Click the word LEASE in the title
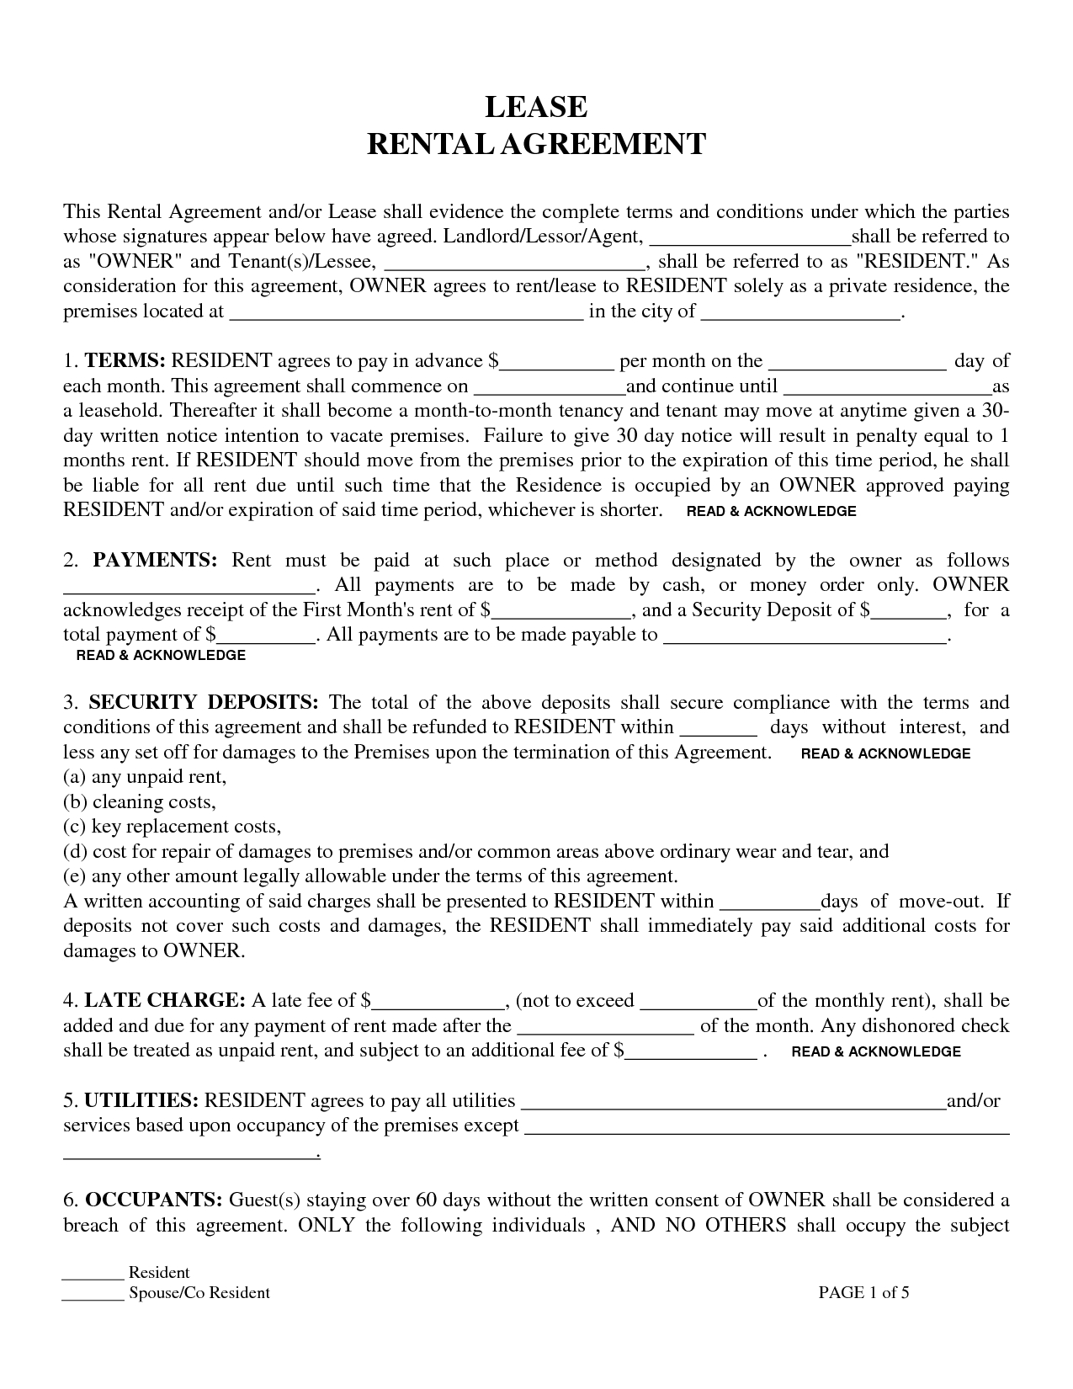click(x=536, y=107)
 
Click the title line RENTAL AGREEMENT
click(x=536, y=144)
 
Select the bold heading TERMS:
click(x=125, y=361)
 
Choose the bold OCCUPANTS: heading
click(x=154, y=1200)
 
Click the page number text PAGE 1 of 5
click(x=863, y=1292)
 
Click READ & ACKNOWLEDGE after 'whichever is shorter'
click(x=772, y=511)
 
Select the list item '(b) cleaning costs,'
click(x=140, y=802)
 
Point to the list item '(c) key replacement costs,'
click(x=172, y=827)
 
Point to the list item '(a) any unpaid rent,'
click(x=146, y=777)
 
